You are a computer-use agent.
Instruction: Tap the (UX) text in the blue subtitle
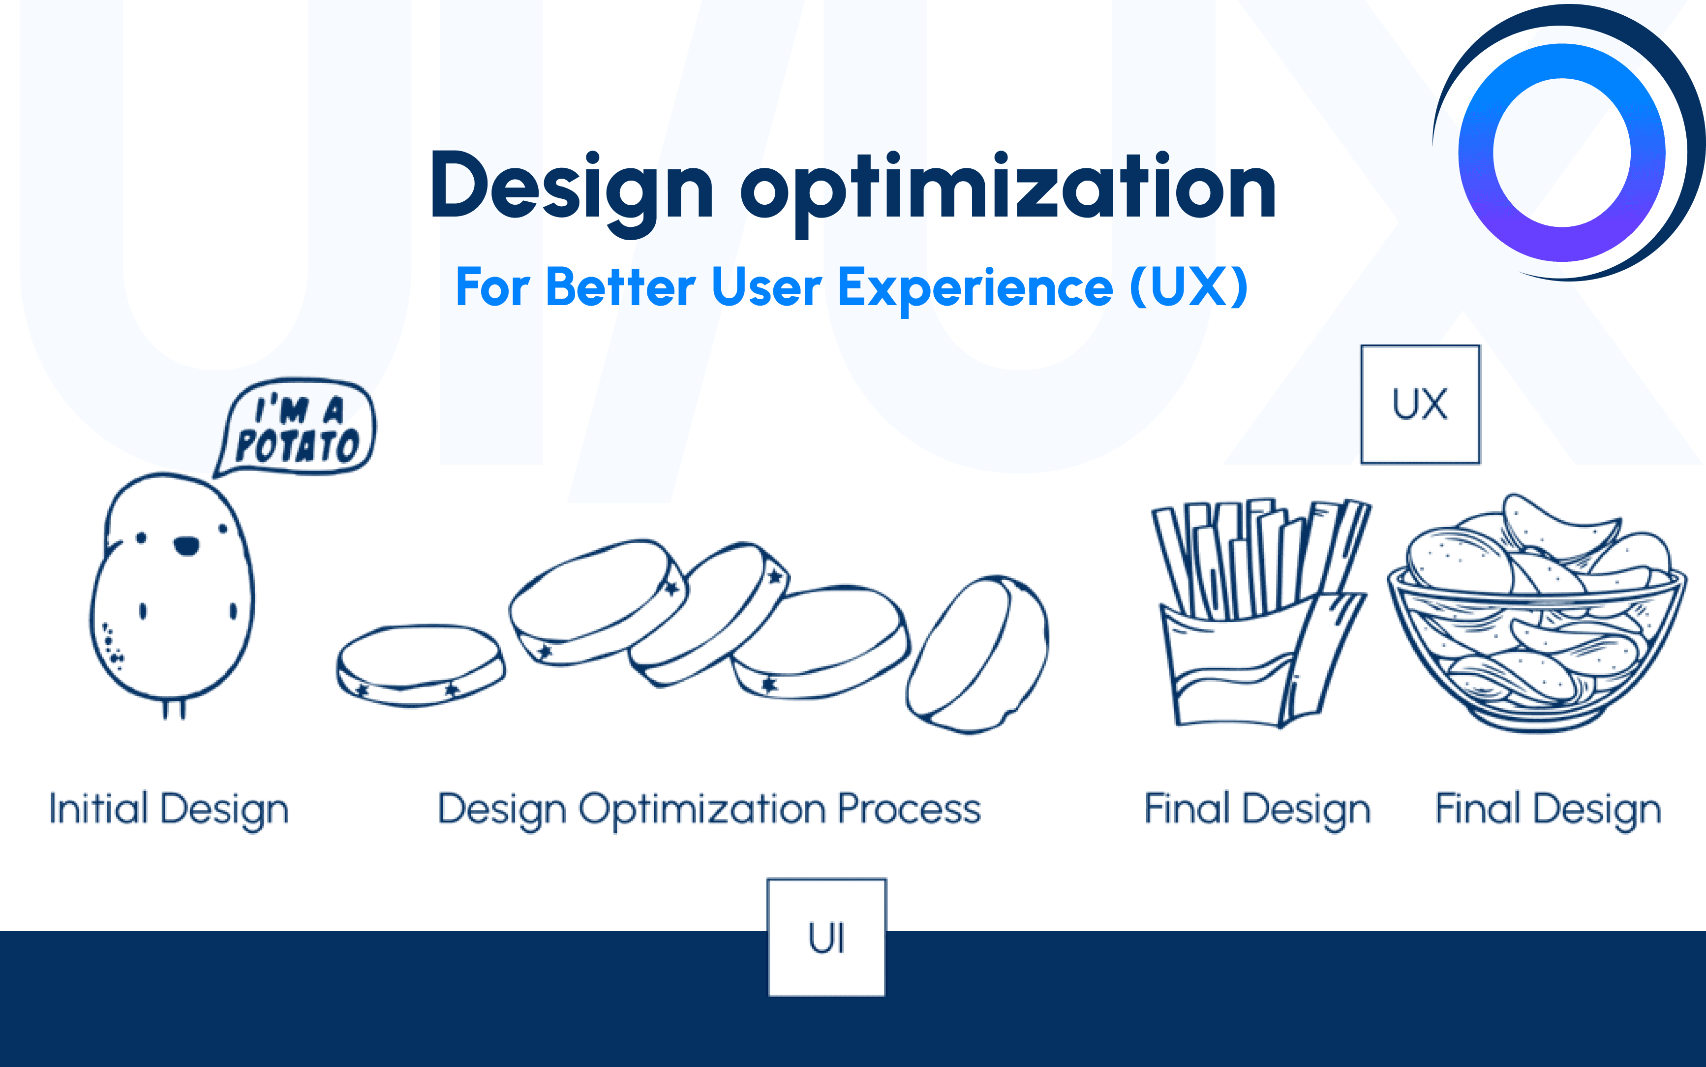[x=1189, y=287]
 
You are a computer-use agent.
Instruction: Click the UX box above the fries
[x=1420, y=405]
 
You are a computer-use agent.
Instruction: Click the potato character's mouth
[x=187, y=545]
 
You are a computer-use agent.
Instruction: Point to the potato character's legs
[x=174, y=708]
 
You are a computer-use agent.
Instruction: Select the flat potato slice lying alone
[x=421, y=665]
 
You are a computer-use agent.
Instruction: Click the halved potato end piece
[x=977, y=654]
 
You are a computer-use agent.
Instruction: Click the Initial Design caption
[x=169, y=810]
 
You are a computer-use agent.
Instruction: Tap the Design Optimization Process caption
[x=709, y=810]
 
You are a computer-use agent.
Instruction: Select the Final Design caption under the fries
[x=1257, y=810]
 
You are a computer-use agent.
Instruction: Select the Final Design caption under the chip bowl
[x=1549, y=810]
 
